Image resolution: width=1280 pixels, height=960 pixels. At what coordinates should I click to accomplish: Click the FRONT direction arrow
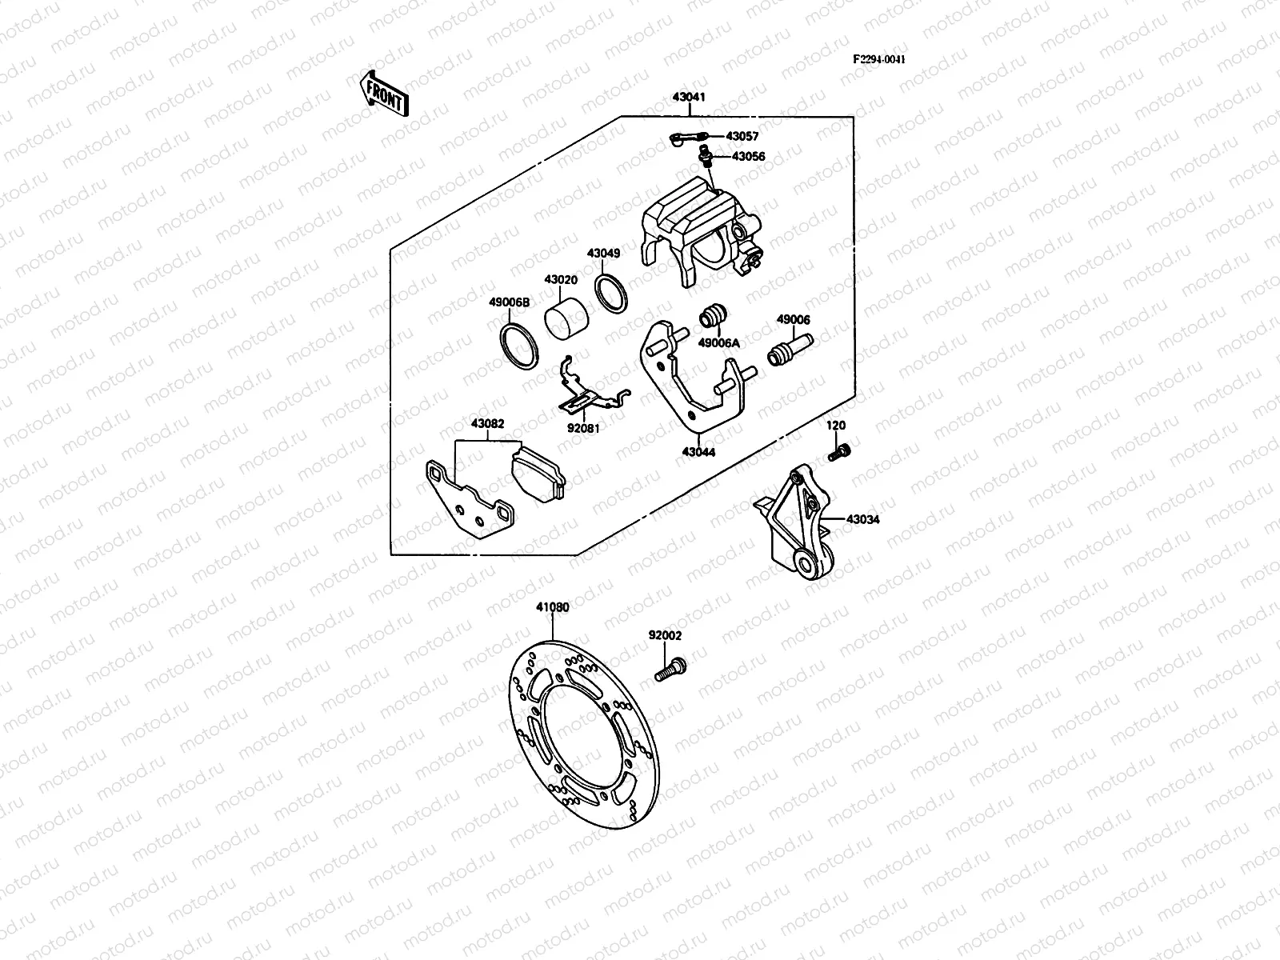[x=385, y=93]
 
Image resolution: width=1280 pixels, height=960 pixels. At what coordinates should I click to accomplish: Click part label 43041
[x=689, y=98]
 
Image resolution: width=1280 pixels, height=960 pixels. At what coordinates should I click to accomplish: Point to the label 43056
[x=748, y=157]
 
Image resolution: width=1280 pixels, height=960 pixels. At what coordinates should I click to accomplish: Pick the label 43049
[x=603, y=254]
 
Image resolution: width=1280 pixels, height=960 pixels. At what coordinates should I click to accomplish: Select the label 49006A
[x=718, y=342]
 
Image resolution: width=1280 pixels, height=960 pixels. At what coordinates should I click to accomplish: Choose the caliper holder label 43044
[x=698, y=452]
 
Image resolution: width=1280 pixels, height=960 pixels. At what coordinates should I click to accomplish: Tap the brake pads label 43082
[x=487, y=423]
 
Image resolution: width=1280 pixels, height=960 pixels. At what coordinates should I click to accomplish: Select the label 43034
[x=863, y=520]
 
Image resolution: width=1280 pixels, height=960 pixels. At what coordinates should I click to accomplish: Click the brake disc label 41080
[x=552, y=607]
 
